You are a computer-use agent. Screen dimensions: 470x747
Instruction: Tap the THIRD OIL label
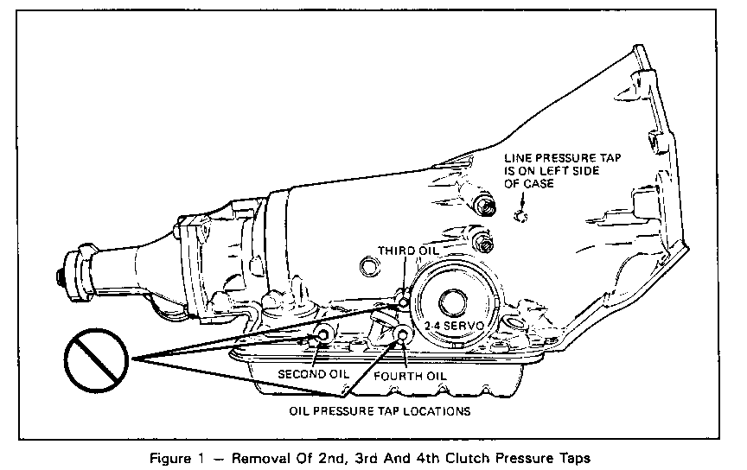point(408,251)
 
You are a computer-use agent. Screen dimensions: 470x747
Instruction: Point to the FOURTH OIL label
point(410,376)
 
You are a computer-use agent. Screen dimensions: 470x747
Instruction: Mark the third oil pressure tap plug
point(405,302)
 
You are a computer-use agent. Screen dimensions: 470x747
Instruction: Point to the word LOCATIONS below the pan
point(440,411)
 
